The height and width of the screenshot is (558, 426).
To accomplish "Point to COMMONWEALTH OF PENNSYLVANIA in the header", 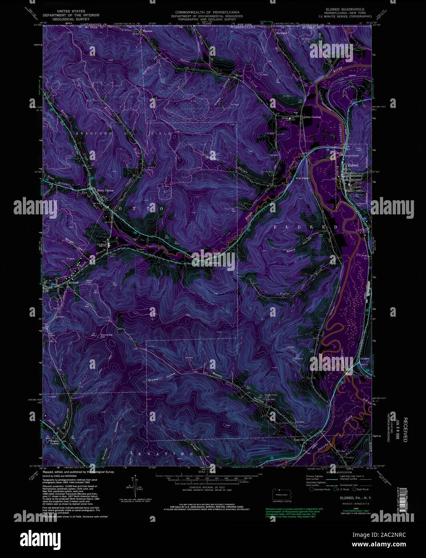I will [207, 12].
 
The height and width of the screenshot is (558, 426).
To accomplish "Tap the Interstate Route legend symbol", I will [311, 489].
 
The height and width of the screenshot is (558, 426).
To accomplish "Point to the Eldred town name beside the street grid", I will [353, 165].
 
